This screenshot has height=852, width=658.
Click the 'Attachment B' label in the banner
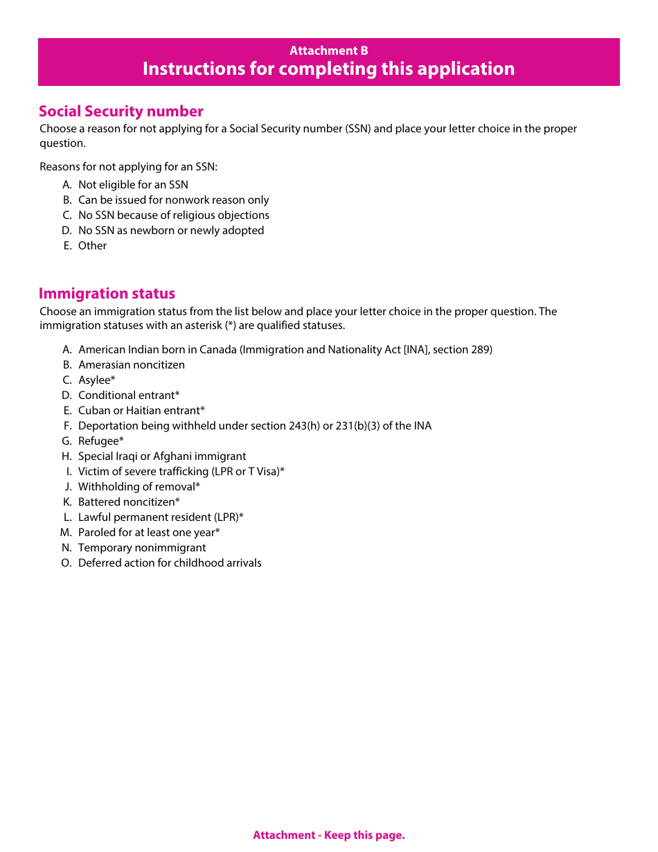point(328,51)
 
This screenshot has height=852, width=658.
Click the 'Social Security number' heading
point(121,112)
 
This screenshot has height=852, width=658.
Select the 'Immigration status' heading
point(107,294)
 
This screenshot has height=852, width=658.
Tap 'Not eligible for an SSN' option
point(133,185)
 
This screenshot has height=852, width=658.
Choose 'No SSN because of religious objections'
point(173,215)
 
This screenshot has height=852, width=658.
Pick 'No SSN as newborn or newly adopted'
point(170,231)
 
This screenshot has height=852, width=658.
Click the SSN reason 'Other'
point(92,246)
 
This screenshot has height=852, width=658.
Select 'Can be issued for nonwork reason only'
point(173,200)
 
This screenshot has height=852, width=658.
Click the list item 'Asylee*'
point(96,380)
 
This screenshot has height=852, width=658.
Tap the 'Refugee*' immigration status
point(101,441)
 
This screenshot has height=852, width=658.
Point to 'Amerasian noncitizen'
point(131,365)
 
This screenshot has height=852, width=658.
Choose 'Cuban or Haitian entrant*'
point(141,411)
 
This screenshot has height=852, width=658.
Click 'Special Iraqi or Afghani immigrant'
point(162,456)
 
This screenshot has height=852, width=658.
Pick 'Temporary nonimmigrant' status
point(142,548)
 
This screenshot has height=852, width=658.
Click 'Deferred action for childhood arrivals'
point(170,563)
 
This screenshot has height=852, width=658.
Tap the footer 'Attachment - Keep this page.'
point(328,835)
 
